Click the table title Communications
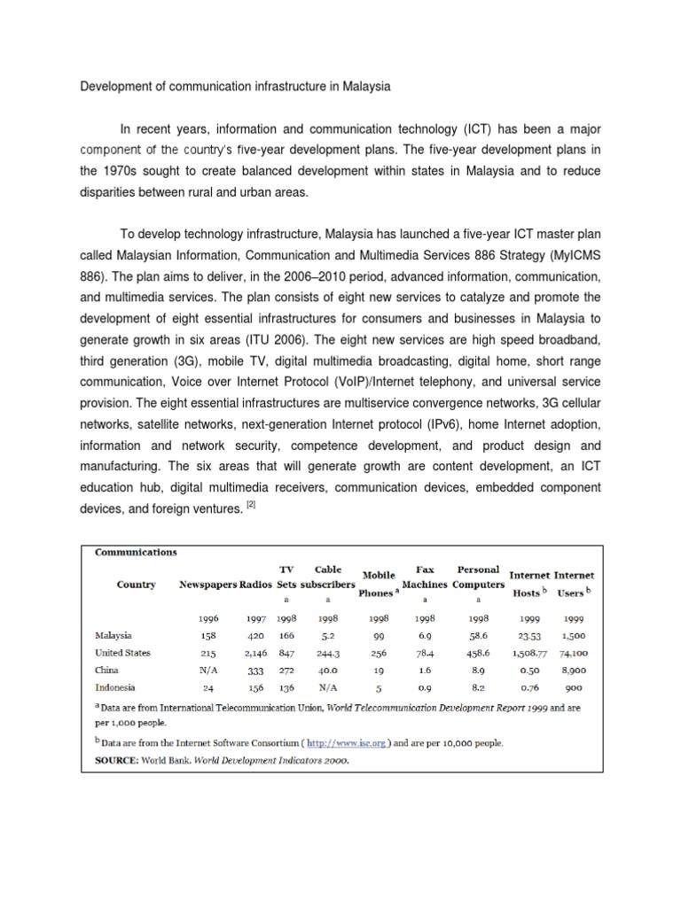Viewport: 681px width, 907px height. click(136, 552)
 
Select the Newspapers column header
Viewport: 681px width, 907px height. click(208, 585)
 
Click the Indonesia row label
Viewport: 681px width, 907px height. click(115, 687)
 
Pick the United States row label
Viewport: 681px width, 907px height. click(122, 653)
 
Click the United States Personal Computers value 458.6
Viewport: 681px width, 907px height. click(478, 653)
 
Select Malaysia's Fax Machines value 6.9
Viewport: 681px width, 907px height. click(425, 635)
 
